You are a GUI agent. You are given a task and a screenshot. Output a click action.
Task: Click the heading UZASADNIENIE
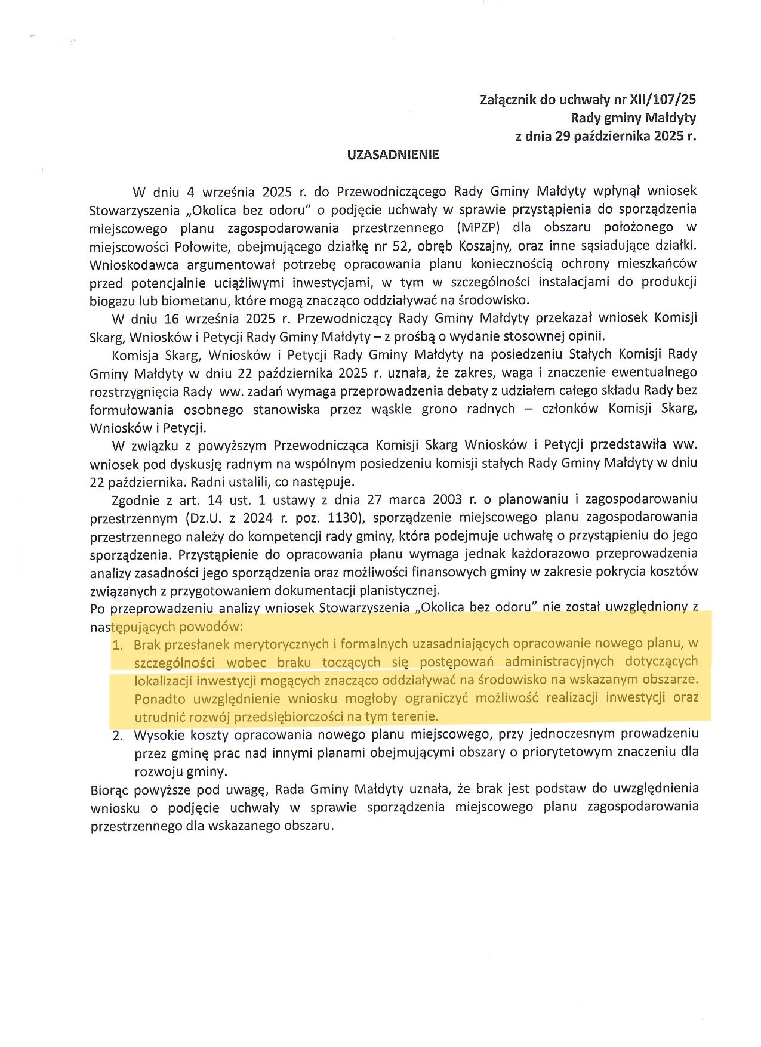(393, 155)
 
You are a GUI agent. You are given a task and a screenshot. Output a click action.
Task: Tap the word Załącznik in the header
(508, 99)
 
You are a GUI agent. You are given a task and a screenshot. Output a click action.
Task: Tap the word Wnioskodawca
(128, 264)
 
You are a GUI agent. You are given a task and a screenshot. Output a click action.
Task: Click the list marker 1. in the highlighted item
(118, 645)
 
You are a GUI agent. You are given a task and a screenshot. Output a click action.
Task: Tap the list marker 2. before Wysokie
(118, 736)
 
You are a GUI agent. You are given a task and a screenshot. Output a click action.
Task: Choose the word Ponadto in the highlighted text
(158, 698)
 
